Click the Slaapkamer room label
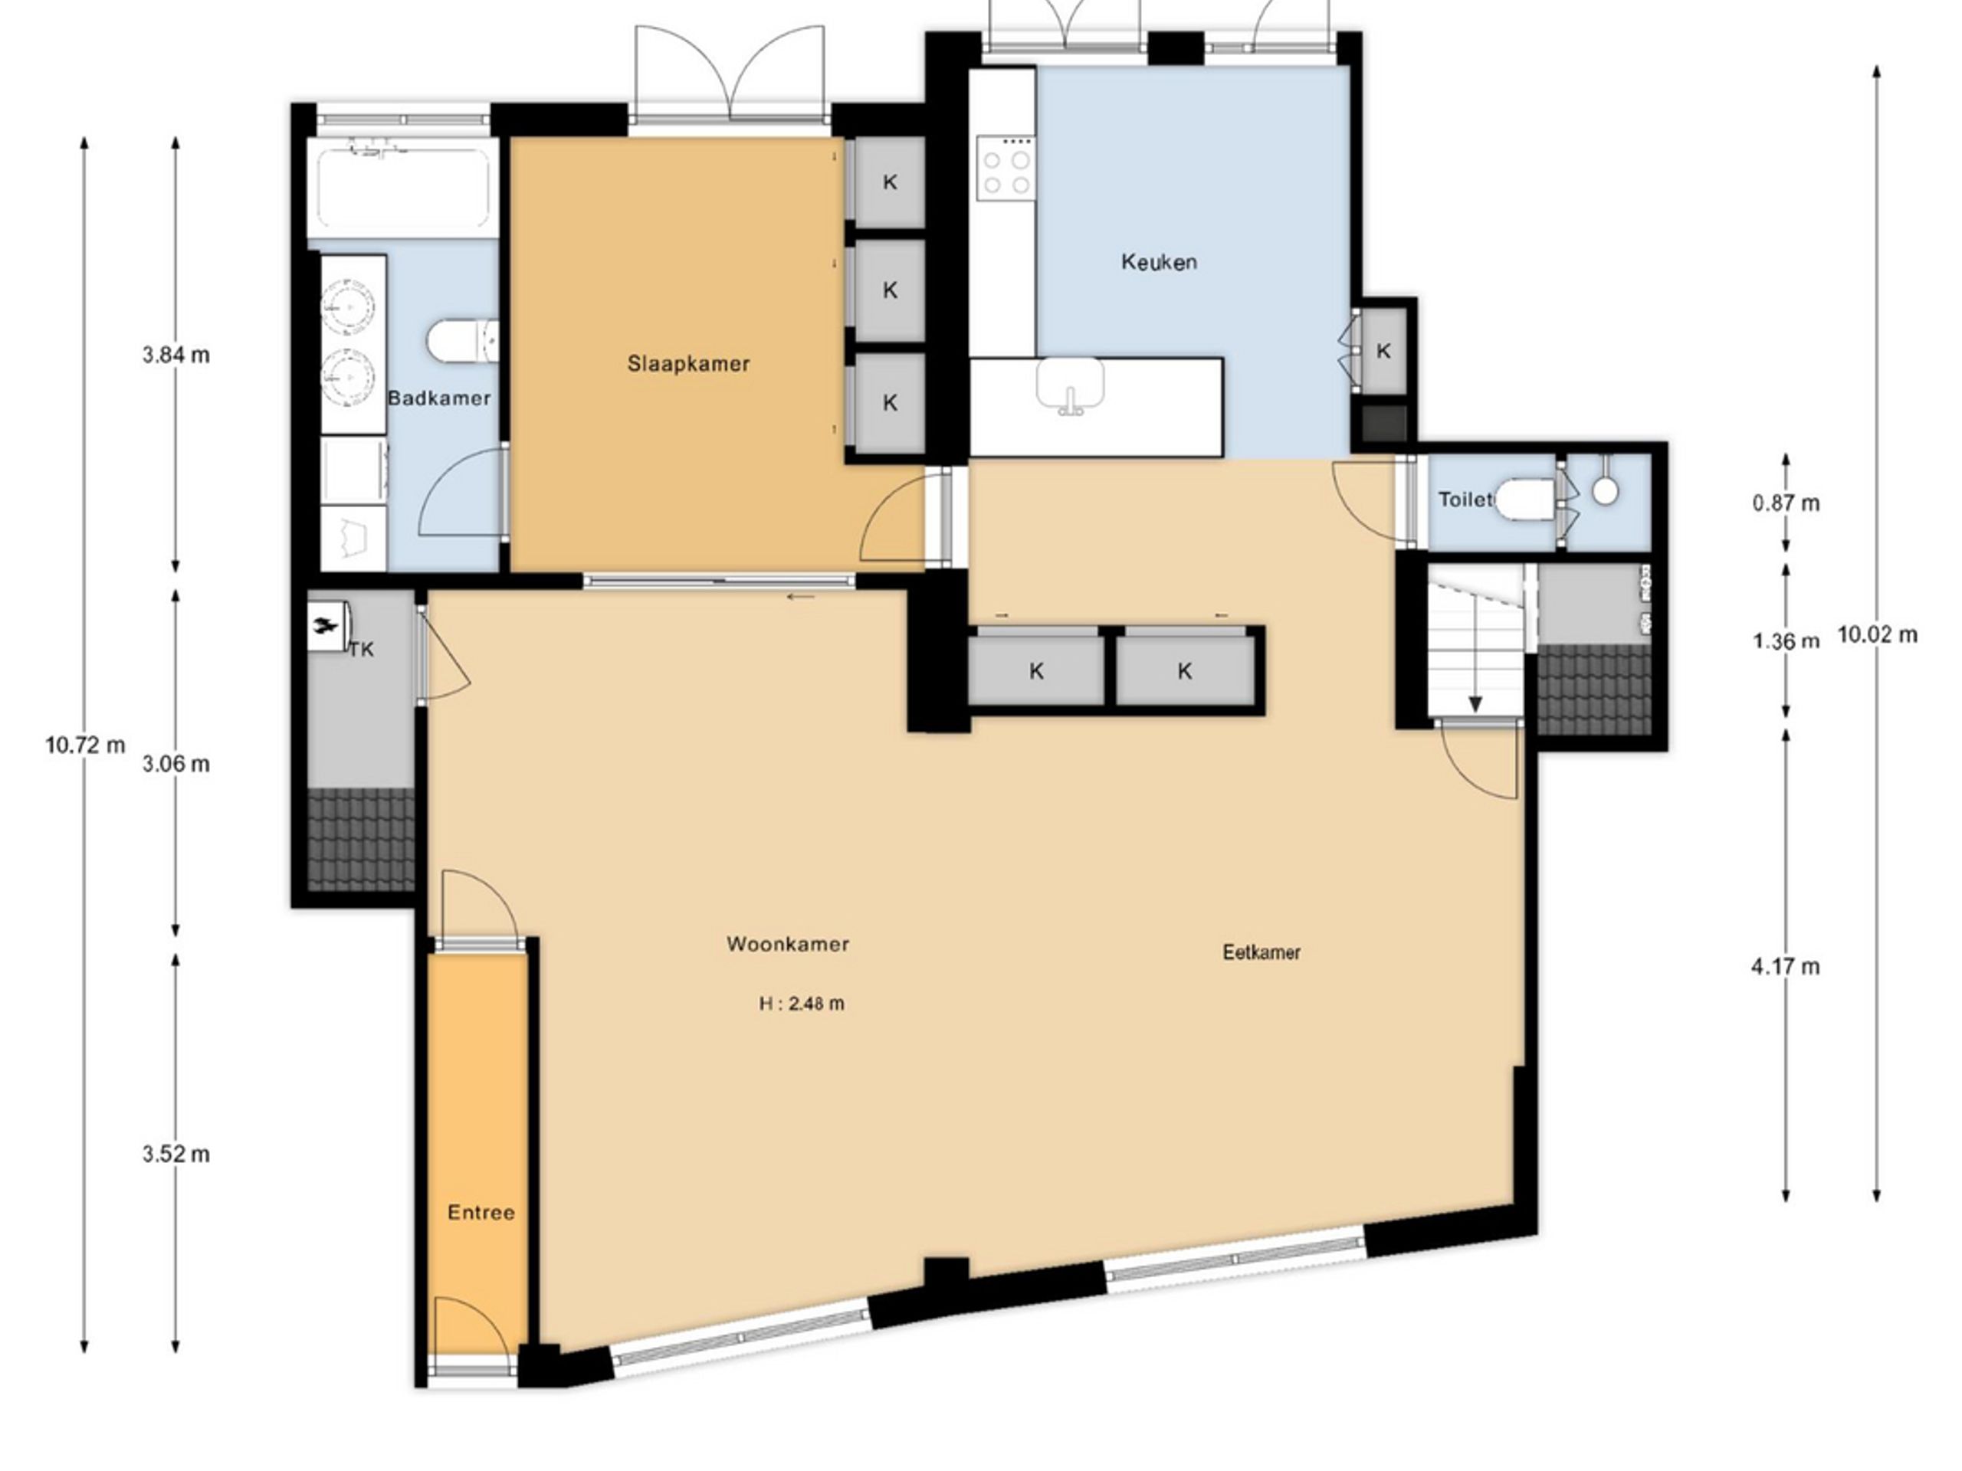pyautogui.click(x=688, y=364)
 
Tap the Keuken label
pyautogui.click(x=1158, y=261)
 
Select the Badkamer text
pyautogui.click(x=439, y=398)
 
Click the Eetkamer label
pyautogui.click(x=1262, y=952)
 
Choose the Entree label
pyautogui.click(x=481, y=1212)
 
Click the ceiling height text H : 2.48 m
pyautogui.click(x=802, y=1004)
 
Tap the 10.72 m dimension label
pyautogui.click(x=85, y=745)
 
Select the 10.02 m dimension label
pyautogui.click(x=1877, y=634)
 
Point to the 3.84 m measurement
pyautogui.click(x=176, y=355)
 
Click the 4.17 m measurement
pyautogui.click(x=1785, y=965)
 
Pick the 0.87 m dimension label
pyautogui.click(x=1786, y=503)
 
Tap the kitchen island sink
pyautogui.click(x=1071, y=385)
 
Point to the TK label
pyautogui.click(x=361, y=650)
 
